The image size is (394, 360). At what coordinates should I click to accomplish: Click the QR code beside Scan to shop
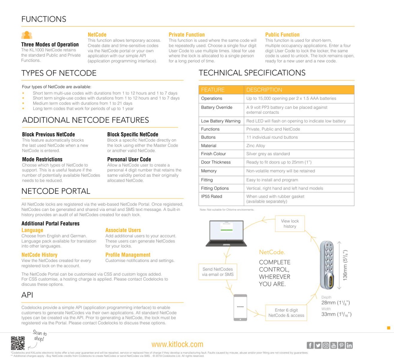pyautogui.click(x=18, y=343)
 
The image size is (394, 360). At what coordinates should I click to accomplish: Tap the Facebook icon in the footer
pyautogui.click(x=310, y=345)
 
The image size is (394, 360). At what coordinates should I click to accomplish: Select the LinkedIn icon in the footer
pyautogui.click(x=349, y=345)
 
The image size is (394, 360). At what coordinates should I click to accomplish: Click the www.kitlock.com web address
pyautogui.click(x=177, y=344)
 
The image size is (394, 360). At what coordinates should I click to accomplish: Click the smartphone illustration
pyautogui.click(x=240, y=307)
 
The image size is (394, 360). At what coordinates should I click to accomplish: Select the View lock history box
pyautogui.click(x=290, y=223)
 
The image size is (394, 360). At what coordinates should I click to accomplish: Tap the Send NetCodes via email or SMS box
pyautogui.click(x=218, y=272)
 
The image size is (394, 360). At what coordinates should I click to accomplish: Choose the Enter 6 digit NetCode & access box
pyautogui.click(x=286, y=313)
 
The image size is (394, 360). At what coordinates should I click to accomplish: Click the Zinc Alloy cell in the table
pyautogui.click(x=256, y=145)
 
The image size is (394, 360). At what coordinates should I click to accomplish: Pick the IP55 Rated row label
pyautogui.click(x=212, y=196)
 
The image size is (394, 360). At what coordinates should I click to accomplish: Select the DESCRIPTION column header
pyautogui.click(x=264, y=90)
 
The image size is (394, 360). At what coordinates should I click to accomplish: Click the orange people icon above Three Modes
pyautogui.click(x=27, y=35)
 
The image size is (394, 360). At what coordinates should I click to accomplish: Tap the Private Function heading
pyautogui.click(x=187, y=34)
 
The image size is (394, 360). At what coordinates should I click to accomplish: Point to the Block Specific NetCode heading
pyautogui.click(x=133, y=134)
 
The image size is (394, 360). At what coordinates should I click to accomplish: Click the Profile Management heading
pyautogui.click(x=128, y=255)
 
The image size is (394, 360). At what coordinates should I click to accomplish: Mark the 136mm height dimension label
pyautogui.click(x=345, y=265)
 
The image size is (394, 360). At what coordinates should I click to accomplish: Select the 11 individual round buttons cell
pyautogui.click(x=272, y=137)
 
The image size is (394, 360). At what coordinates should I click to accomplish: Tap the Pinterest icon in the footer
pyautogui.click(x=341, y=345)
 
